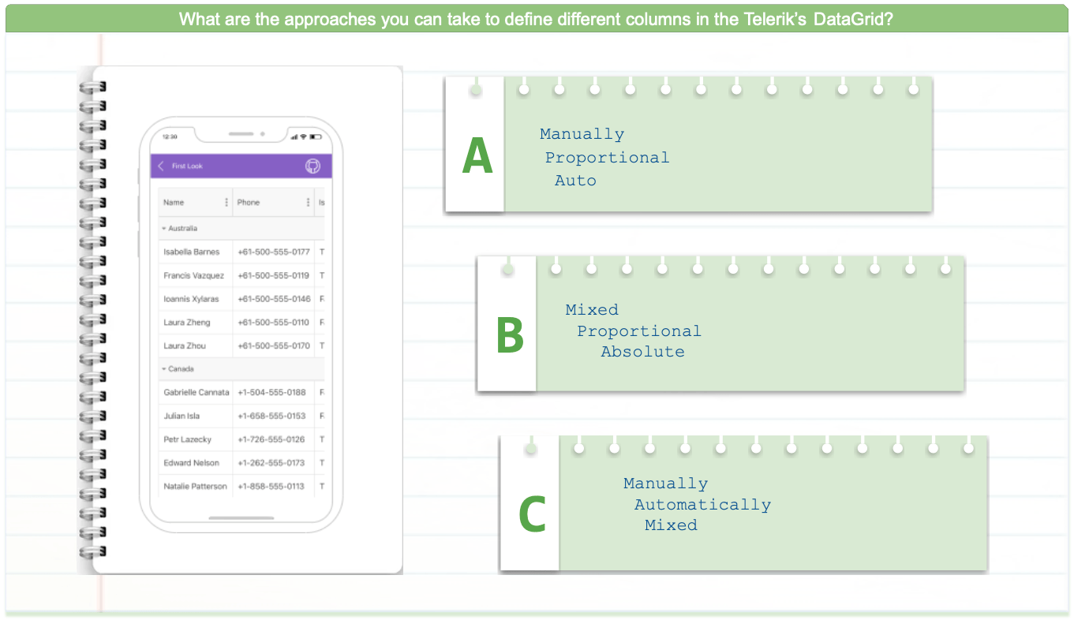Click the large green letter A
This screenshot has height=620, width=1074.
477,155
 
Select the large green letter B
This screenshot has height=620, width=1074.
510,334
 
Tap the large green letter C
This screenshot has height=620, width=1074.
532,514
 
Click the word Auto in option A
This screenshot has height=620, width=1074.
575,181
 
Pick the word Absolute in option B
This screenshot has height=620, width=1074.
642,352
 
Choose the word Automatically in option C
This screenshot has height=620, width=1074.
702,505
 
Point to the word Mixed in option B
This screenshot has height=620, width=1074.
592,310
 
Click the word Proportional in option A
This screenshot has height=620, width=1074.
607,158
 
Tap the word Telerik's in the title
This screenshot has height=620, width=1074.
775,19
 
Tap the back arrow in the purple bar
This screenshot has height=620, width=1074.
161,166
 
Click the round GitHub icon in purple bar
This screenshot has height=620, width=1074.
312,166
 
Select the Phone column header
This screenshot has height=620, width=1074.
249,203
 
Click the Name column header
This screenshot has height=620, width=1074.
174,203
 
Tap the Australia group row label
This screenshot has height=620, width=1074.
182,228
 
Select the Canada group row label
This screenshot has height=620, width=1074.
181,369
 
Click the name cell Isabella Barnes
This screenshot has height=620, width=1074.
191,252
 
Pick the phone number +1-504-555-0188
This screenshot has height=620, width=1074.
271,392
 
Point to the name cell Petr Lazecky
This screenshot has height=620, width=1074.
188,439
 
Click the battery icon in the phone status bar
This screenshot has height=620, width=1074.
316,137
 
